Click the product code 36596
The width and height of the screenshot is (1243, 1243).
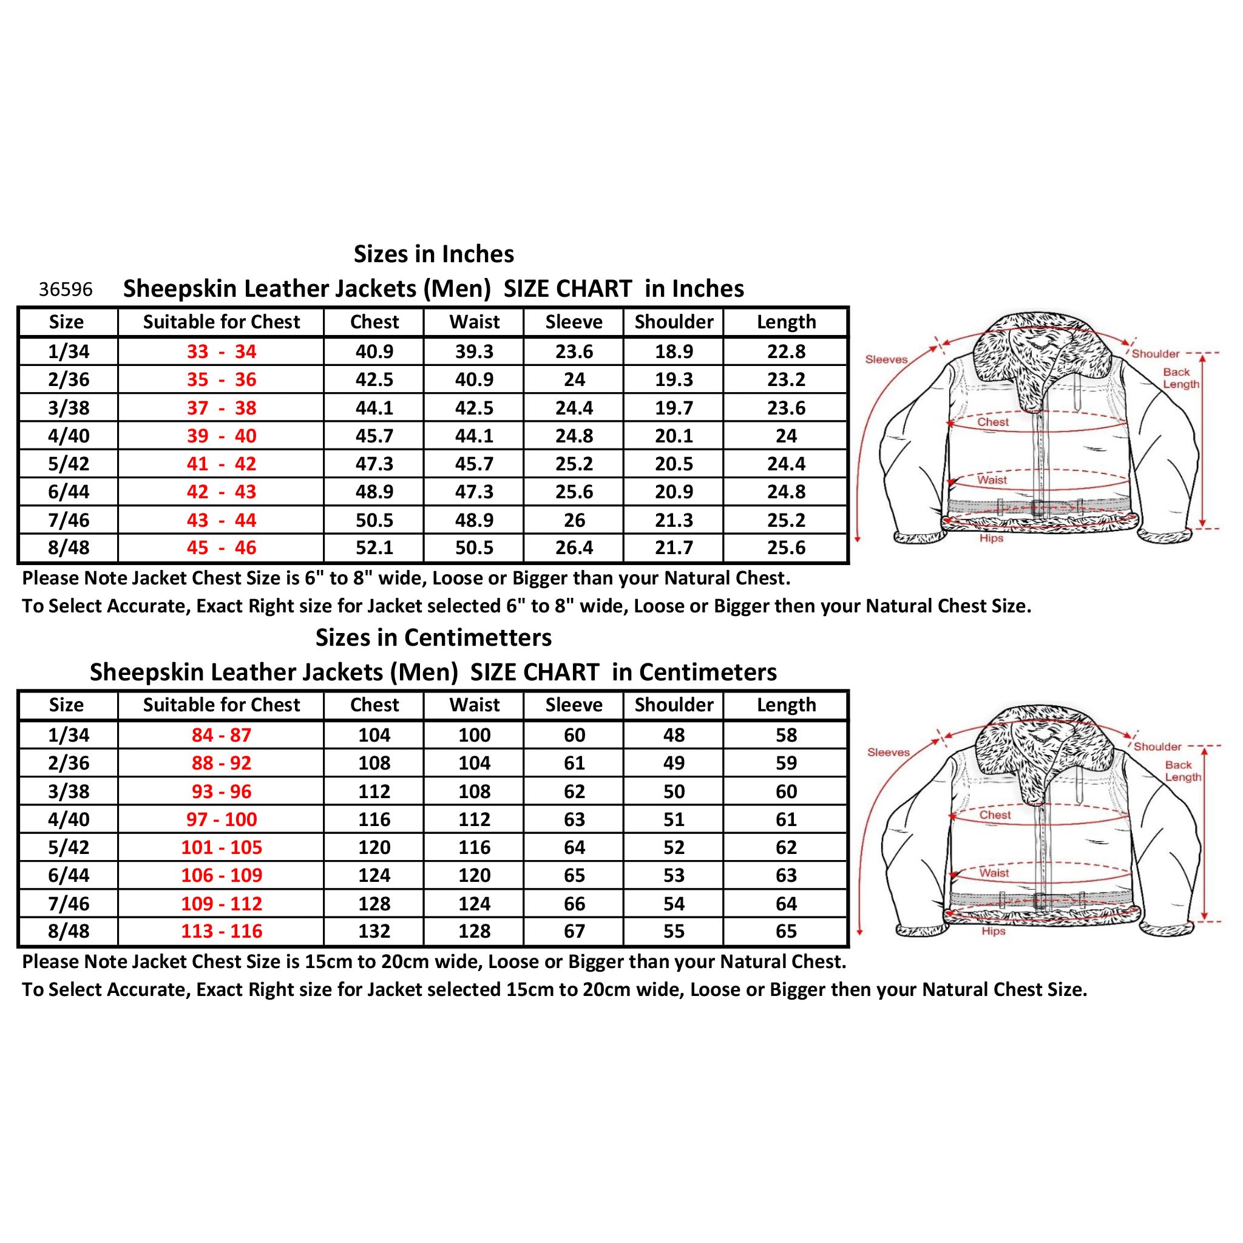point(66,290)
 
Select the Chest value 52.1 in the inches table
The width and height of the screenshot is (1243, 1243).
point(374,548)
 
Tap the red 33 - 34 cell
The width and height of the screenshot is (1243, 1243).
point(222,352)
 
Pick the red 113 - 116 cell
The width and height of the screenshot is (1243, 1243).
point(222,931)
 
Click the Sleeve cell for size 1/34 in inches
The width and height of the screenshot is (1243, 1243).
point(574,352)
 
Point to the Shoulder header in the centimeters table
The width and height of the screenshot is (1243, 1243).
point(674,705)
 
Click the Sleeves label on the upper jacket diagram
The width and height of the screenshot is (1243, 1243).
point(886,360)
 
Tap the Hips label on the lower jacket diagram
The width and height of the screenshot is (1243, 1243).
point(993,931)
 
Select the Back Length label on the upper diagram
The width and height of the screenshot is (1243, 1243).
point(1180,378)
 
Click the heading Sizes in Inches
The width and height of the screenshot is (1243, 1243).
point(433,254)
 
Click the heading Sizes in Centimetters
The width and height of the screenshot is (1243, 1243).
point(433,638)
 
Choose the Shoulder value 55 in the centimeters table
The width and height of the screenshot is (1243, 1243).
point(674,931)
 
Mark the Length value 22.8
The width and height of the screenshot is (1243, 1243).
point(786,352)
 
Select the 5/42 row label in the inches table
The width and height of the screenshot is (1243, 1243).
point(68,464)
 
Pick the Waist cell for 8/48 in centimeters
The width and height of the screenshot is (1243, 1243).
point(474,931)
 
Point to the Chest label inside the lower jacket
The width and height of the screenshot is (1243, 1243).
point(995,815)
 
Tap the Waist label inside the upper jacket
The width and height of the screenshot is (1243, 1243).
point(992,480)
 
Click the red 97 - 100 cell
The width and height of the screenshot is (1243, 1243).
point(222,819)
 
